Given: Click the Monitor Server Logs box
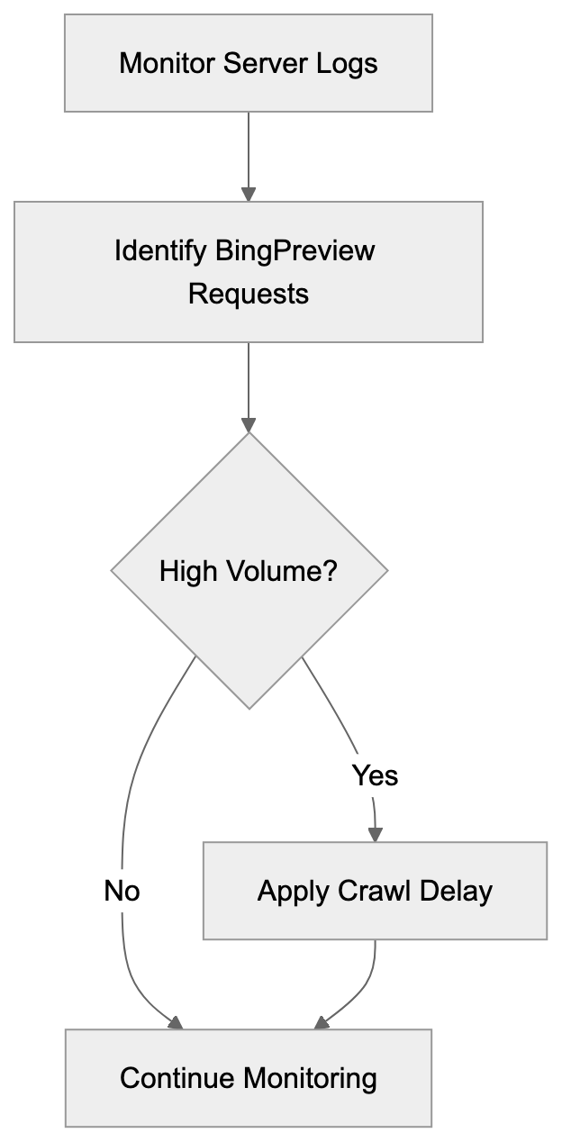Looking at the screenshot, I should click(248, 63).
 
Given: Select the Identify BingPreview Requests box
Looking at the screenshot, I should click(248, 271).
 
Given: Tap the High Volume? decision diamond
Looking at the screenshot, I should click(249, 570).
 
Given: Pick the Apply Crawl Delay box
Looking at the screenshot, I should click(375, 891).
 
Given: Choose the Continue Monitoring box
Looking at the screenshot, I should click(248, 1078).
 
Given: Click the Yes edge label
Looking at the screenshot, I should click(375, 775).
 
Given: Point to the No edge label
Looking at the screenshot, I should click(122, 891).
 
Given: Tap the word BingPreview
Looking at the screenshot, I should click(295, 249).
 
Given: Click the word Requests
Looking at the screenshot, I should click(248, 294).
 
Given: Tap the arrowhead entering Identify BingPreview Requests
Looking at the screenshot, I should click(249, 194).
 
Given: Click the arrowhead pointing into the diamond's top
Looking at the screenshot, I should click(249, 425).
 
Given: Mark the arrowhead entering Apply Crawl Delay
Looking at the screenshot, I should click(375, 834).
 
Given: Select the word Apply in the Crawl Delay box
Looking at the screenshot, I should click(293, 891).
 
